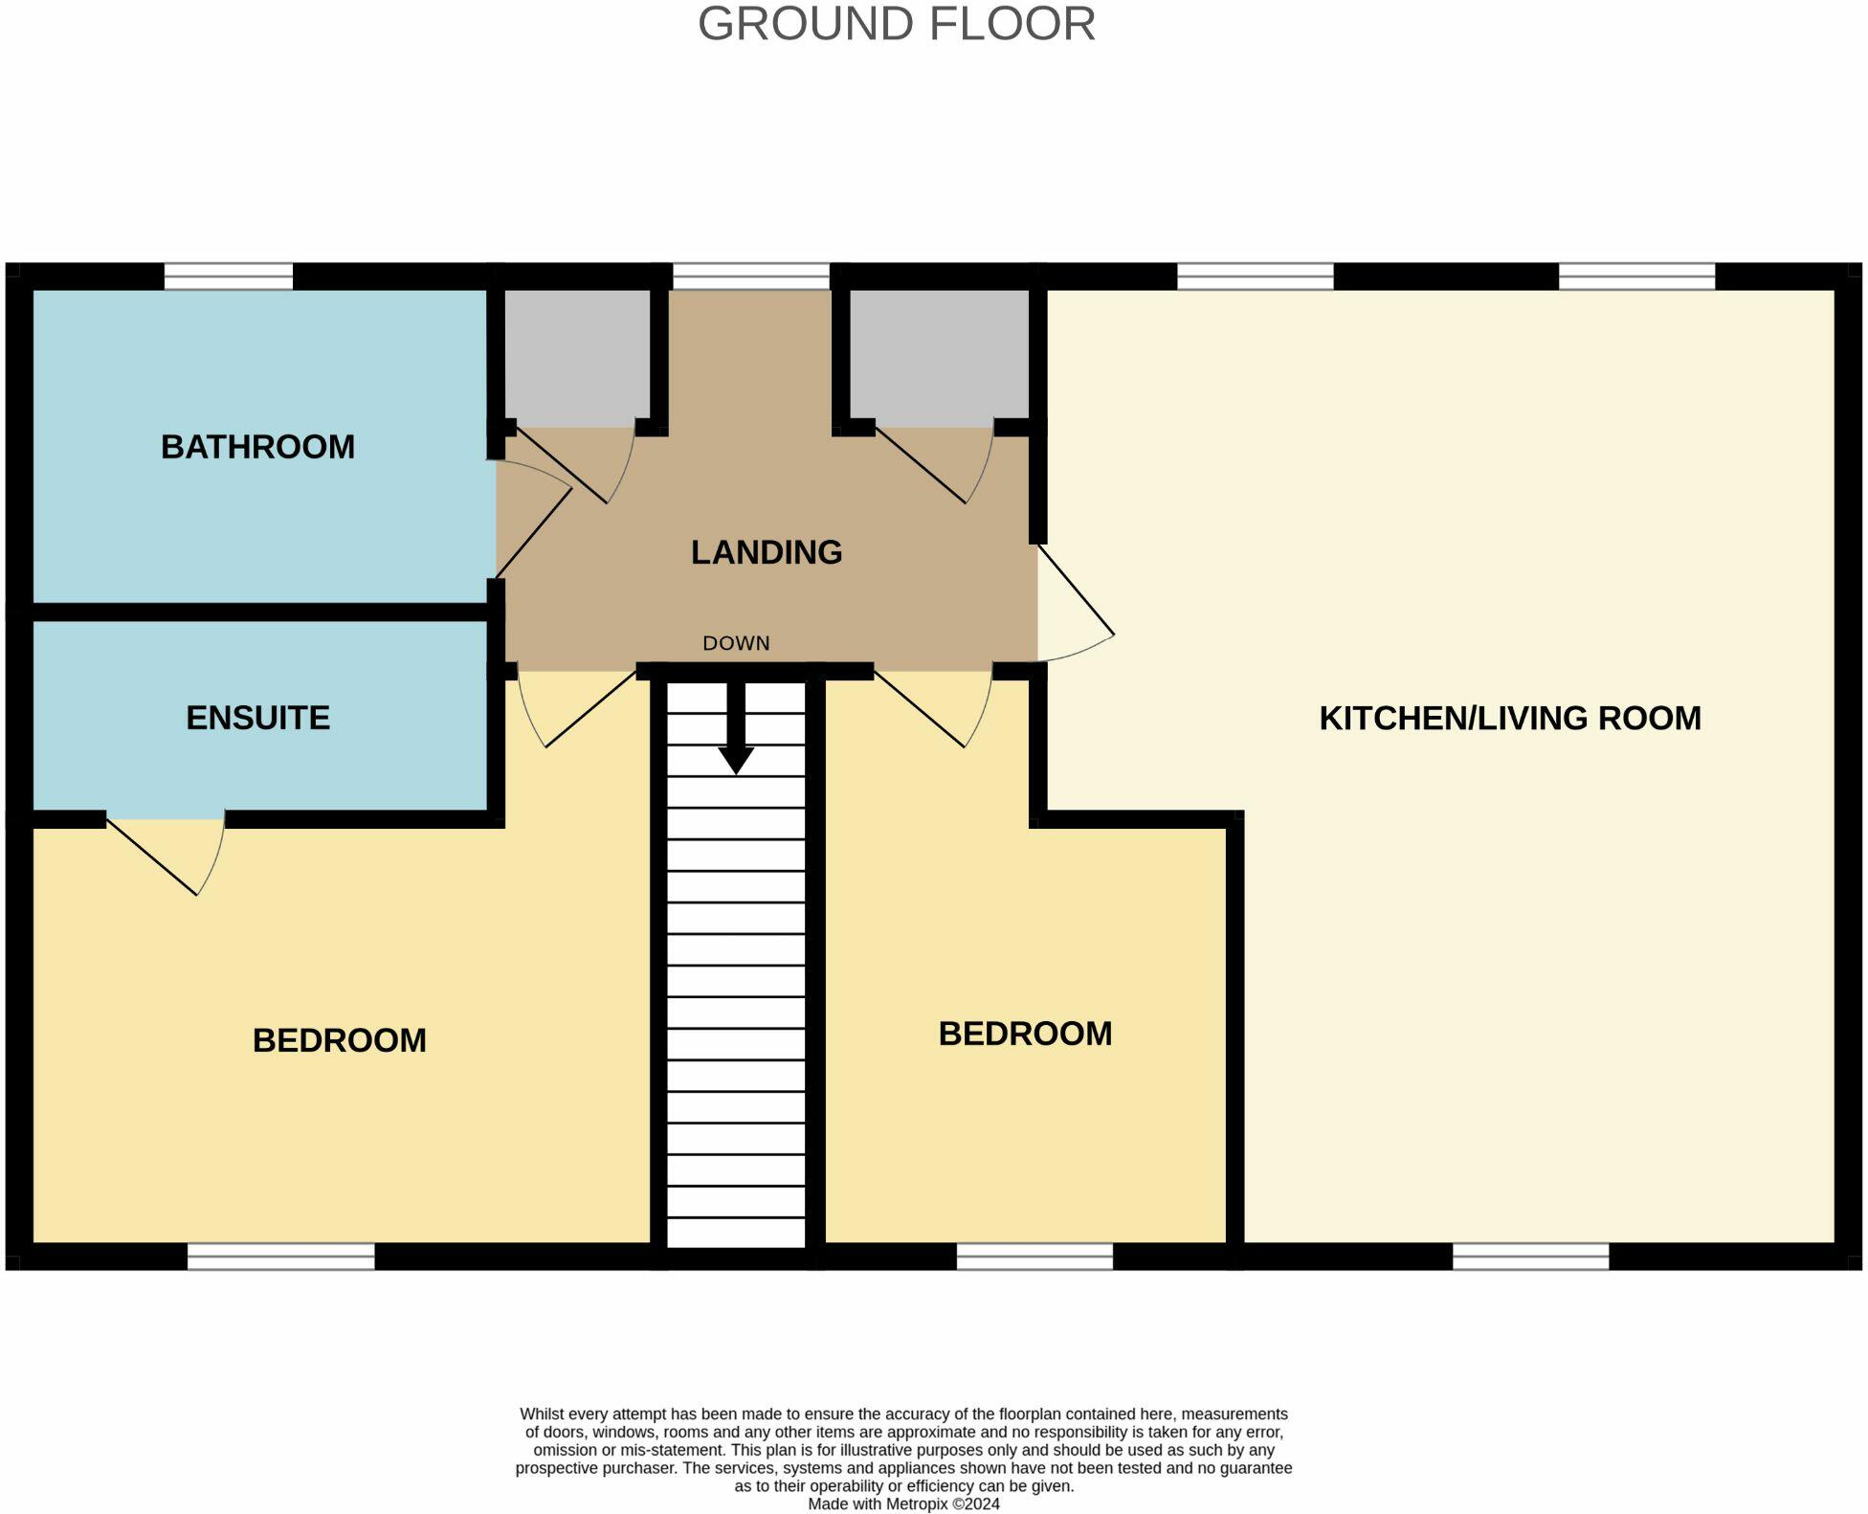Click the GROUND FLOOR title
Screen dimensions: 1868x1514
click(897, 24)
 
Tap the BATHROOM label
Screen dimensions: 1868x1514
click(257, 447)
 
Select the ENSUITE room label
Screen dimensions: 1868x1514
click(257, 718)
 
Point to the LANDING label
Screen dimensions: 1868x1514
click(767, 552)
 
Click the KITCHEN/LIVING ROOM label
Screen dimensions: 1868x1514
click(1510, 718)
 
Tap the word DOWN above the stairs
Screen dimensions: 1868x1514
click(736, 643)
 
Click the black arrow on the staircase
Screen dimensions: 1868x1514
click(736, 727)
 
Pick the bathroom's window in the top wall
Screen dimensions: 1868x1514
click(229, 277)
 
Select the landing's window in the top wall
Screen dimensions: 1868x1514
click(751, 277)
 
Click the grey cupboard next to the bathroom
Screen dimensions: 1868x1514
click(577, 358)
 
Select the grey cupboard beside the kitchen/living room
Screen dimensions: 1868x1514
click(939, 358)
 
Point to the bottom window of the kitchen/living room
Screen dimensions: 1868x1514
click(1531, 1257)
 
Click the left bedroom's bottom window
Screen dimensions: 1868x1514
click(281, 1257)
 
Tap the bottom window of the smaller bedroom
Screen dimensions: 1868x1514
click(1034, 1257)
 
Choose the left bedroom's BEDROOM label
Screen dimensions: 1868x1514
click(340, 1040)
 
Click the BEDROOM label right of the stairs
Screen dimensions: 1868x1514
click(1025, 1034)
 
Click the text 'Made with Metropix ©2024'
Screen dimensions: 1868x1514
click(904, 1503)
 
